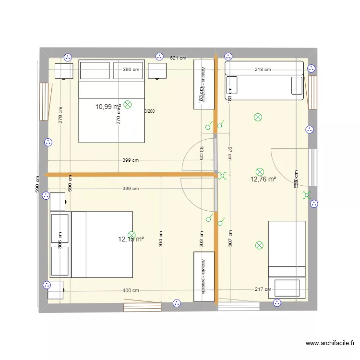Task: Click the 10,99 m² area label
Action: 108,107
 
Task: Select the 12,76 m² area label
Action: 263,180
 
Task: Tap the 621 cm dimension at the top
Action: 178,58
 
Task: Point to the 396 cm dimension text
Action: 131,70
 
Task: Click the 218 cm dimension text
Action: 263,70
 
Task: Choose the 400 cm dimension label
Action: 131,290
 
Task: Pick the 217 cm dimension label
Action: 263,289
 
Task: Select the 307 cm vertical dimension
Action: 230,239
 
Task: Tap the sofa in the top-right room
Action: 264,81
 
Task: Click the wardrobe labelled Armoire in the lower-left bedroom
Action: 204,276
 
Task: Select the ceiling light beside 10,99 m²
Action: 127,104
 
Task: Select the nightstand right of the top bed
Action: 157,71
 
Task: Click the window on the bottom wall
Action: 142,307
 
